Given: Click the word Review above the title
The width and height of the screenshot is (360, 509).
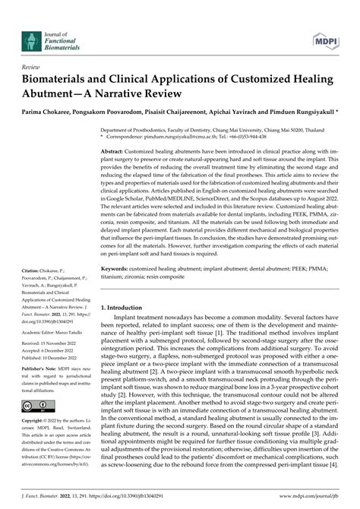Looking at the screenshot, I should (x=34, y=67).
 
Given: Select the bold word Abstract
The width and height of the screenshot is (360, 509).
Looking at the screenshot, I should (x=116, y=131).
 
